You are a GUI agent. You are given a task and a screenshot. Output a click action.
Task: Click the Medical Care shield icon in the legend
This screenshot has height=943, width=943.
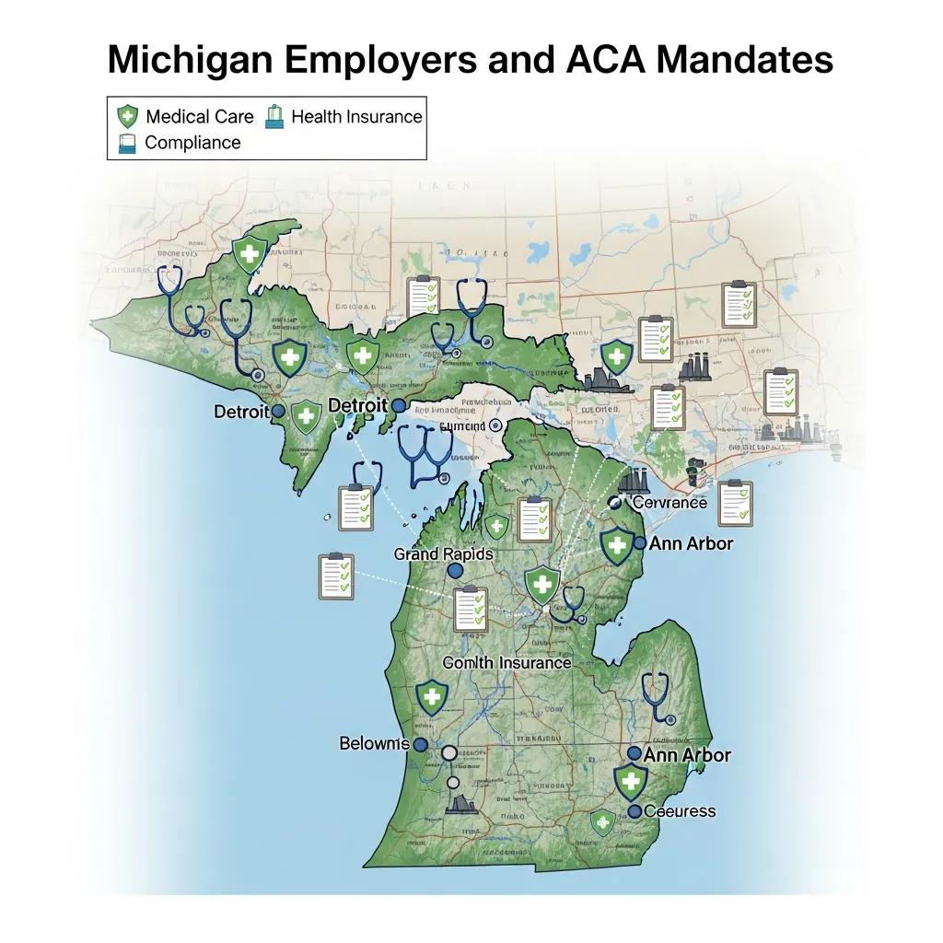(126, 117)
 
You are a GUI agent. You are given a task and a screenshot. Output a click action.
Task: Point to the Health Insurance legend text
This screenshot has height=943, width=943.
(356, 117)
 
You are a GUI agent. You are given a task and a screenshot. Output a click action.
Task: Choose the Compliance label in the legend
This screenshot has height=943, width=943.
(192, 143)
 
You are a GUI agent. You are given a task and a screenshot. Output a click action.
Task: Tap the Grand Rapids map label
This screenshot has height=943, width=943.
(443, 554)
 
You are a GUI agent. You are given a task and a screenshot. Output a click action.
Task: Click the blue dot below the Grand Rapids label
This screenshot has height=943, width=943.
(454, 572)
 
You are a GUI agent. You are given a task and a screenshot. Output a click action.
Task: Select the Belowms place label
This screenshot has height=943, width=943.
(374, 743)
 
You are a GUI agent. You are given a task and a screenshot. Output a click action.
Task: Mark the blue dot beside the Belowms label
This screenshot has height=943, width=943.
(421, 744)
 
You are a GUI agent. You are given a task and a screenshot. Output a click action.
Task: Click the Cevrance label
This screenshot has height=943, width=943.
(669, 503)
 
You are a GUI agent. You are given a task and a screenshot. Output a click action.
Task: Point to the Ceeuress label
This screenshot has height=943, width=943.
(680, 811)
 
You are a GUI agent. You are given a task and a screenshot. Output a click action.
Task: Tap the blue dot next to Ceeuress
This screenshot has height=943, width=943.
(634, 811)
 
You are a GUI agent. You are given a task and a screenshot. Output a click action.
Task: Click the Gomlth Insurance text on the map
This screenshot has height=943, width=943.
(506, 663)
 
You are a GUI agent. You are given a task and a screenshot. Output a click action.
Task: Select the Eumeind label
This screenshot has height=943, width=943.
(461, 426)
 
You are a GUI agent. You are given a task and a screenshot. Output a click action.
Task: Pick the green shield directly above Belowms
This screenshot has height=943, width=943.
(430, 698)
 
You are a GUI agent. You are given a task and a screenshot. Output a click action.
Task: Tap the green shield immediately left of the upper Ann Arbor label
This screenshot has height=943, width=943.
(617, 545)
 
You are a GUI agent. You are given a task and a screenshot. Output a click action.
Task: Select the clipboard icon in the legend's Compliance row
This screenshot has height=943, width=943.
(126, 143)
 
